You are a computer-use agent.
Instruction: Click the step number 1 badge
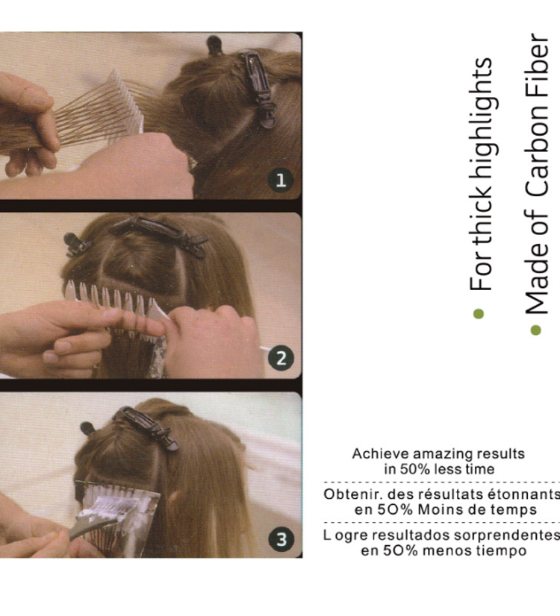(x=281, y=180)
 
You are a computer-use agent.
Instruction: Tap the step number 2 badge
(x=281, y=358)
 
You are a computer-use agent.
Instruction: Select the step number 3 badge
(x=281, y=539)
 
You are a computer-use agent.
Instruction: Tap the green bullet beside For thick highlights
(x=479, y=314)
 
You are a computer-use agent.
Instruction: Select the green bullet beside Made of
(x=535, y=330)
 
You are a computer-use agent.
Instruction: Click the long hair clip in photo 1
(x=258, y=89)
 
